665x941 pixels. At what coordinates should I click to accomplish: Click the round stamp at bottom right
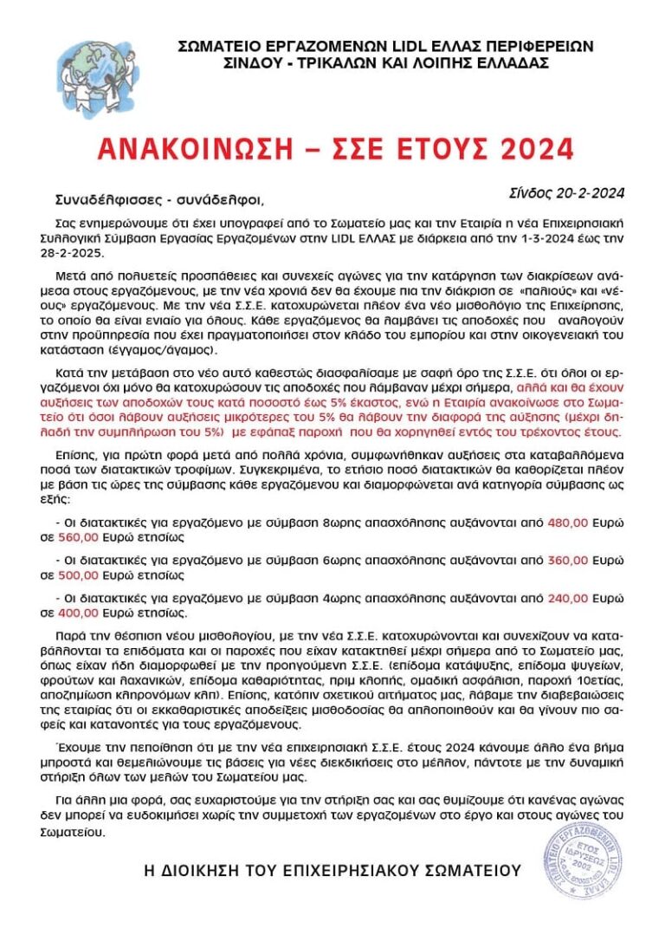coord(585,862)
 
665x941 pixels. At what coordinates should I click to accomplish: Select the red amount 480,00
coord(567,522)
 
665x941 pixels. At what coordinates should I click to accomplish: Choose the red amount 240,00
coord(567,598)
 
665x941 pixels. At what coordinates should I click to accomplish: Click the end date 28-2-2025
coord(77,251)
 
